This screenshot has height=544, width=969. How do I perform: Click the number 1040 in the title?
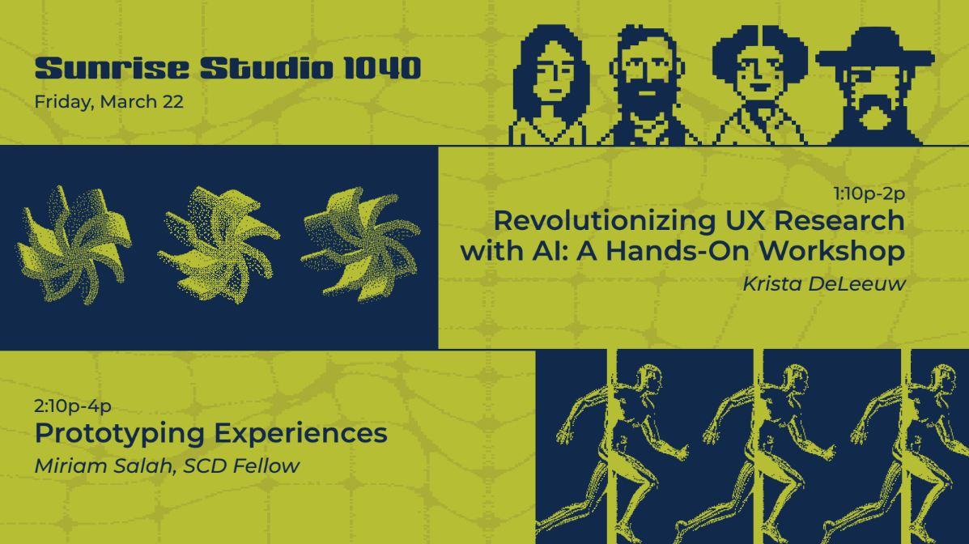[382, 68]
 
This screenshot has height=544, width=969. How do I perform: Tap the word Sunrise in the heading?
[112, 68]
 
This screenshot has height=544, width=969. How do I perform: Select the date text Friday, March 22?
[108, 102]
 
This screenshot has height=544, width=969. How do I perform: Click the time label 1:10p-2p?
[869, 193]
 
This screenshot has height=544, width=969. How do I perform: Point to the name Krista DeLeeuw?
[824, 284]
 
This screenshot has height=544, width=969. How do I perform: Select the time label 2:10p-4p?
[73, 406]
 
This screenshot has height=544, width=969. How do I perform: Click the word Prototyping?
[119, 434]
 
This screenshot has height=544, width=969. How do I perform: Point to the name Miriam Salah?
[103, 466]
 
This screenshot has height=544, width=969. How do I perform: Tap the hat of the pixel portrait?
[875, 49]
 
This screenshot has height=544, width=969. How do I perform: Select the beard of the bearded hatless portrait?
[647, 99]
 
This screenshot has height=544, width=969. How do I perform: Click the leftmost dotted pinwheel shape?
[74, 244]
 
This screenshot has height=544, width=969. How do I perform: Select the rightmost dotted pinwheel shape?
[361, 244]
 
